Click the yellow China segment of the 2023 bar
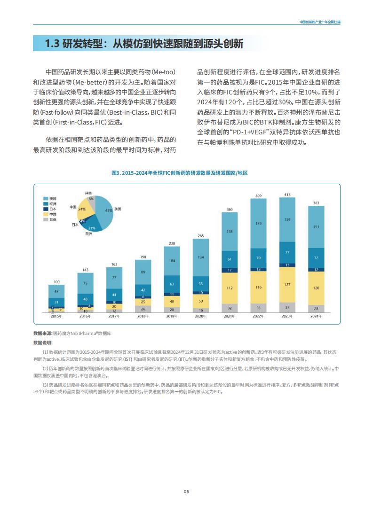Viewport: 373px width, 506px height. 287,285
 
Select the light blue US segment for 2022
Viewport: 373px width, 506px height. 258,223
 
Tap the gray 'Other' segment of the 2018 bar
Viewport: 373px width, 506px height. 143,309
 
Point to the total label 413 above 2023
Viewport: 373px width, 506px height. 287,195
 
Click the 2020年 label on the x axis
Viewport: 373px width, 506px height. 200,316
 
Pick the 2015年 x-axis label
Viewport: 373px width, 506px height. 56,316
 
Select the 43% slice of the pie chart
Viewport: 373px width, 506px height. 104,211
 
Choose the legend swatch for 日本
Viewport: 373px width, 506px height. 46,209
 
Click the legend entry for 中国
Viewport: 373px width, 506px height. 50,214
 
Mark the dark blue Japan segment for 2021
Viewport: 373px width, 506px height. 230,270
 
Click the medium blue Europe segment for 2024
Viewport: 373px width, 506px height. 316,258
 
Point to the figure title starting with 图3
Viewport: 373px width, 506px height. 180,173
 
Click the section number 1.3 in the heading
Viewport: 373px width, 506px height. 52,44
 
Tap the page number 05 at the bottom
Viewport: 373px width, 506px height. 186,491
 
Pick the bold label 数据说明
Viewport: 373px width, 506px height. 42,343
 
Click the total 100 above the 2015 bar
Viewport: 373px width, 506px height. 56,282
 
